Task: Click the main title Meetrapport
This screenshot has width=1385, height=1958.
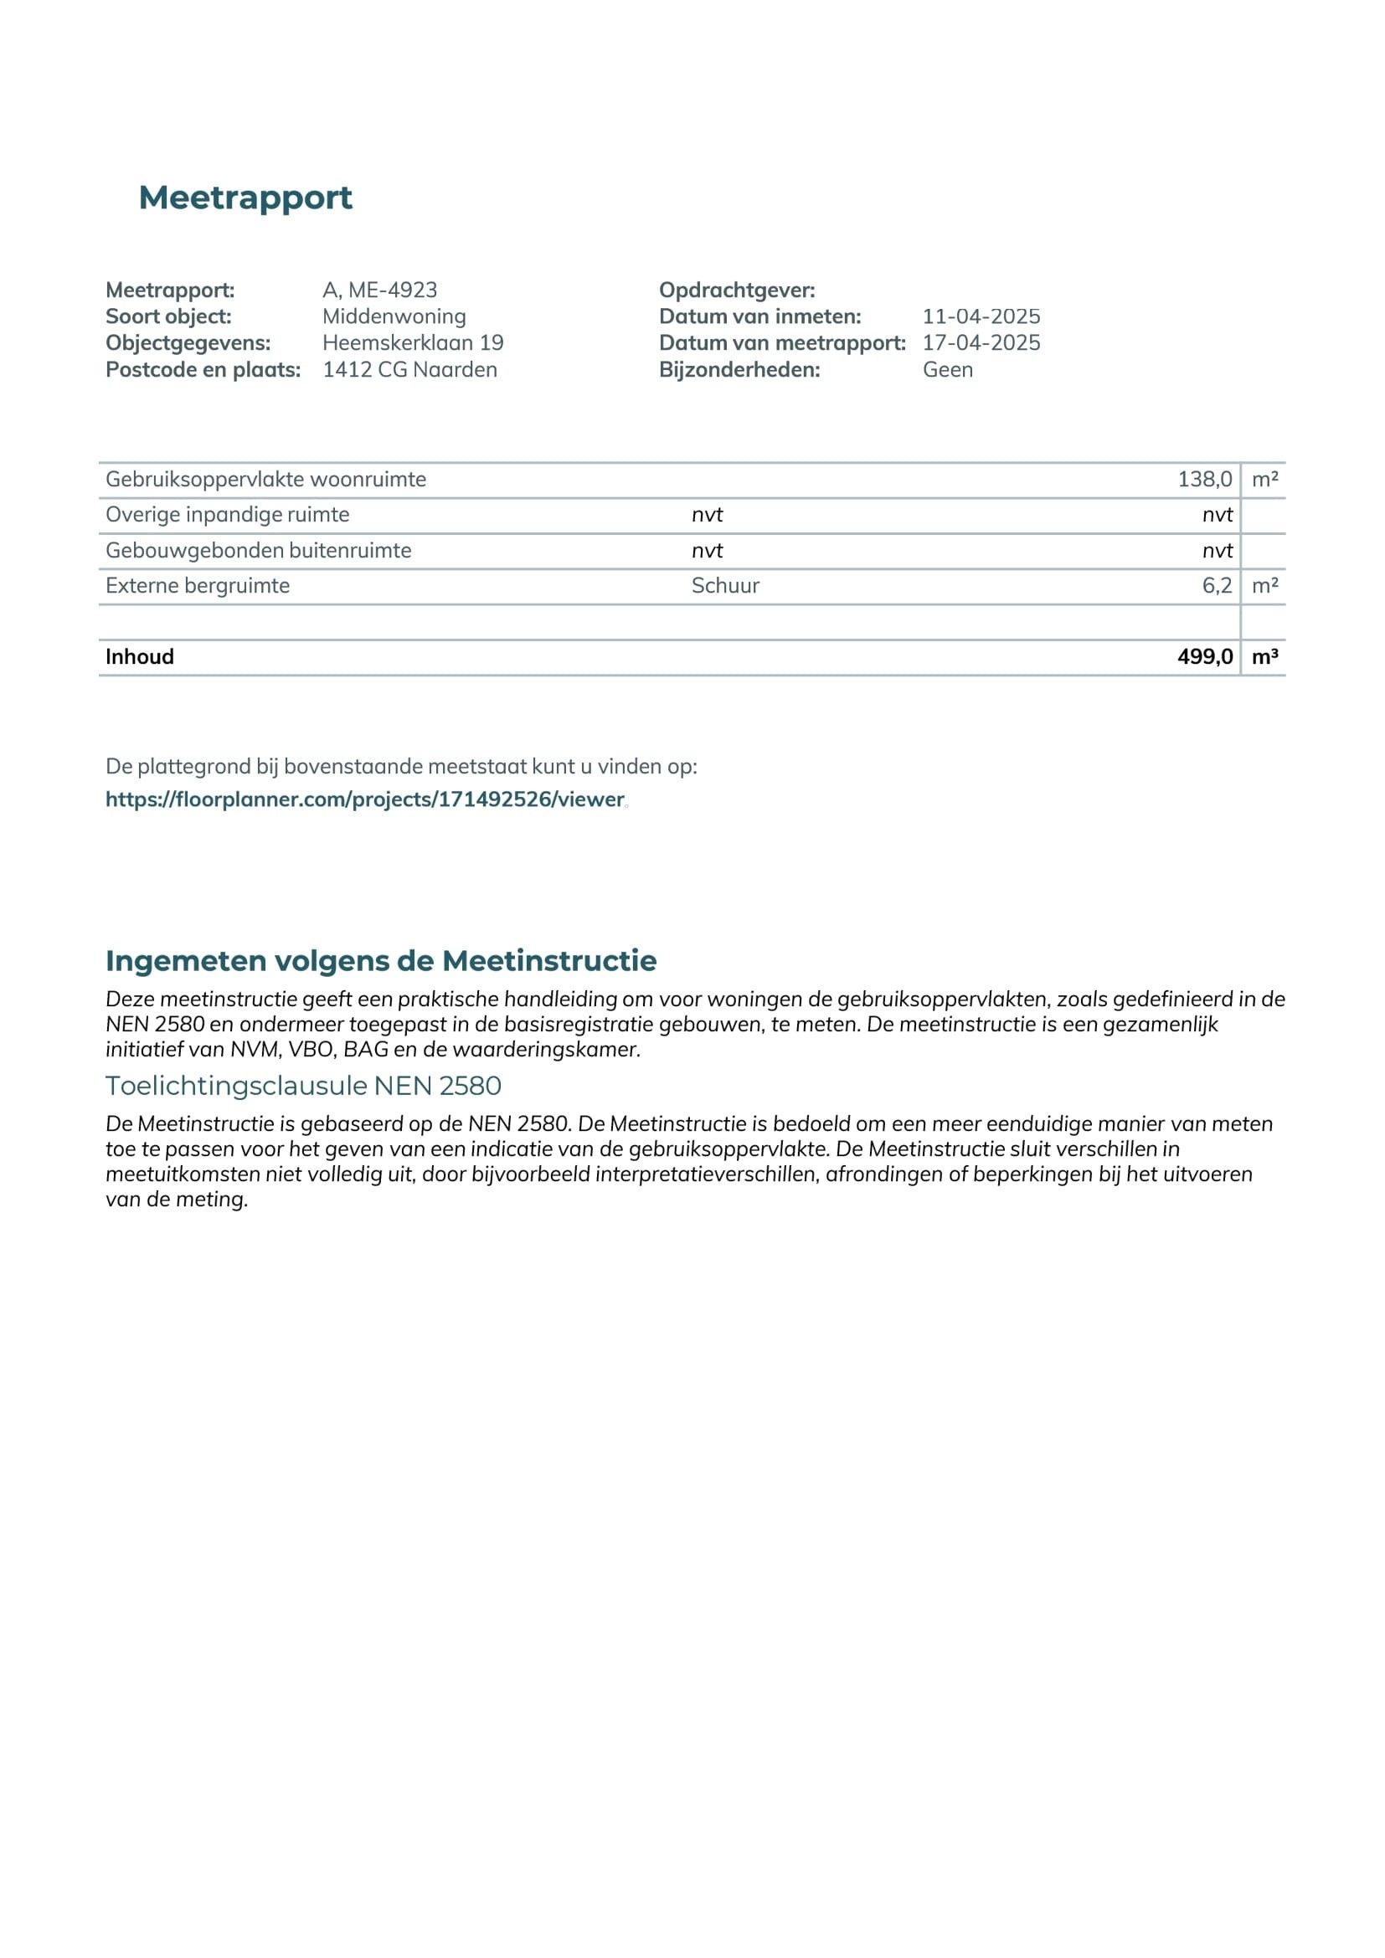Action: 245,198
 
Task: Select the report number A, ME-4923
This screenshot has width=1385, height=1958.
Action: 379,290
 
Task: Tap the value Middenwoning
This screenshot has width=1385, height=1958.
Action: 394,316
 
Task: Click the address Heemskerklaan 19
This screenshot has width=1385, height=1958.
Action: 413,343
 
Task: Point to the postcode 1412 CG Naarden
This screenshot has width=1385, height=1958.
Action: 409,369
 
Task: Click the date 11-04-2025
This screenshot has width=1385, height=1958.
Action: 981,316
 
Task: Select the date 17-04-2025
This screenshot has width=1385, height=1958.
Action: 981,343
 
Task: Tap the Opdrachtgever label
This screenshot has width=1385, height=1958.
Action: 737,290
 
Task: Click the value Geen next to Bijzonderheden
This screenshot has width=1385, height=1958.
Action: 948,369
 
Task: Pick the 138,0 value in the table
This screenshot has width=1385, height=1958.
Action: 1204,480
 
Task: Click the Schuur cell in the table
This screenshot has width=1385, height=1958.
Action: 725,586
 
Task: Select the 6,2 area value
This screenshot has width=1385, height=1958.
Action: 1216,586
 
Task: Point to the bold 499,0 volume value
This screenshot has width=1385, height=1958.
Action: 1204,656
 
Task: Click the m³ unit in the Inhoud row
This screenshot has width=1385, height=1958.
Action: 1264,656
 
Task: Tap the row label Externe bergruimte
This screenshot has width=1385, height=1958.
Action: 198,586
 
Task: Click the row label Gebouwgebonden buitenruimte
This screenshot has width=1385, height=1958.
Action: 259,550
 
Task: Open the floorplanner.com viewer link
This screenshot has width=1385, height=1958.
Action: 365,799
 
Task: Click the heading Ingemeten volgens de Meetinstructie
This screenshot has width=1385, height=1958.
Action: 380,960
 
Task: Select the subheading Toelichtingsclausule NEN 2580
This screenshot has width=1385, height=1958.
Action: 303,1086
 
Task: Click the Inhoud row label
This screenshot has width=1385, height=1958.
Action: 140,656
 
